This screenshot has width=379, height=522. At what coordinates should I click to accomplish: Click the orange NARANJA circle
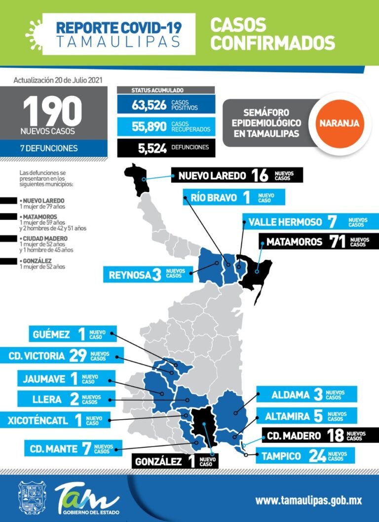pos(339,123)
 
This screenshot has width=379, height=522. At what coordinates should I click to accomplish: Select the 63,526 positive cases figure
pos(149,105)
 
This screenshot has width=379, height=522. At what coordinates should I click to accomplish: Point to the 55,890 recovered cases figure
pos(149,126)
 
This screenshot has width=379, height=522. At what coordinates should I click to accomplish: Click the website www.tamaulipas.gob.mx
pos(308,500)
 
